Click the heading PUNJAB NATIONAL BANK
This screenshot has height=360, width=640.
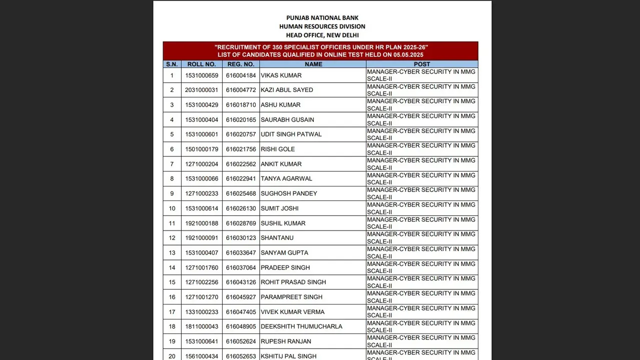322,18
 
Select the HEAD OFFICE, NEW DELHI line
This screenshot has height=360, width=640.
322,35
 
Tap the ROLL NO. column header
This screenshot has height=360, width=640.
202,64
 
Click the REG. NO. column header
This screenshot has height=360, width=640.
241,64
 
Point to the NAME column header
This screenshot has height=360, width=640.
313,64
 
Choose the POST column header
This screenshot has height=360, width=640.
422,64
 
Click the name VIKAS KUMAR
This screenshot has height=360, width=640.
281,75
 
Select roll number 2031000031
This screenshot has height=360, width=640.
202,90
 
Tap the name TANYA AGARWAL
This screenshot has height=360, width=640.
286,178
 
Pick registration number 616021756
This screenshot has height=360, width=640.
241,149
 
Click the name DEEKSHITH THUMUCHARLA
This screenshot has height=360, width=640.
301,326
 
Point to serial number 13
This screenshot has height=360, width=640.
172,253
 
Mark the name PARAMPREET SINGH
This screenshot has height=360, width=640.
291,297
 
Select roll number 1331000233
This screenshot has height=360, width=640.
202,312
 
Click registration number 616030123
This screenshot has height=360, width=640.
241,238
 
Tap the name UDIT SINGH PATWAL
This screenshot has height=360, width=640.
291,134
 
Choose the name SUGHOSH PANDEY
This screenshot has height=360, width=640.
289,193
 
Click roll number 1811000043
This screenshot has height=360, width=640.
202,326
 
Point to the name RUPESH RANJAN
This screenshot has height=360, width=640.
286,341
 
